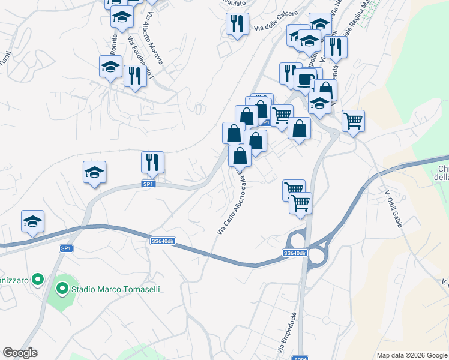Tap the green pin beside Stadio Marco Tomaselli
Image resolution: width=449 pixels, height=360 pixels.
point(62,289)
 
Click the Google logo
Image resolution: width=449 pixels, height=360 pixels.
point(20,353)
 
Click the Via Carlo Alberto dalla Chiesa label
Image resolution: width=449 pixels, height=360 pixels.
point(232,201)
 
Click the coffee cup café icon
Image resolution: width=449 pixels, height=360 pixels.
point(305,79)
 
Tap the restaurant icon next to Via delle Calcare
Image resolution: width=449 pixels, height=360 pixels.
point(237,24)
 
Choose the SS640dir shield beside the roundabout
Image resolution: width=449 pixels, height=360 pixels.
point(295,254)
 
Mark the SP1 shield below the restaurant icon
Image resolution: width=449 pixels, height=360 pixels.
point(149,184)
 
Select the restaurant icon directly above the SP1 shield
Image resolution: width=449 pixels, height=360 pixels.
point(152,162)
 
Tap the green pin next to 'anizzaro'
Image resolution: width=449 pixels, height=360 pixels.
point(38,279)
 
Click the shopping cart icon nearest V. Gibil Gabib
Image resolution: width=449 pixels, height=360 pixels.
point(354,120)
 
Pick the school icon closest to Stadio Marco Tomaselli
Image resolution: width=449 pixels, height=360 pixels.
point(32,221)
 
